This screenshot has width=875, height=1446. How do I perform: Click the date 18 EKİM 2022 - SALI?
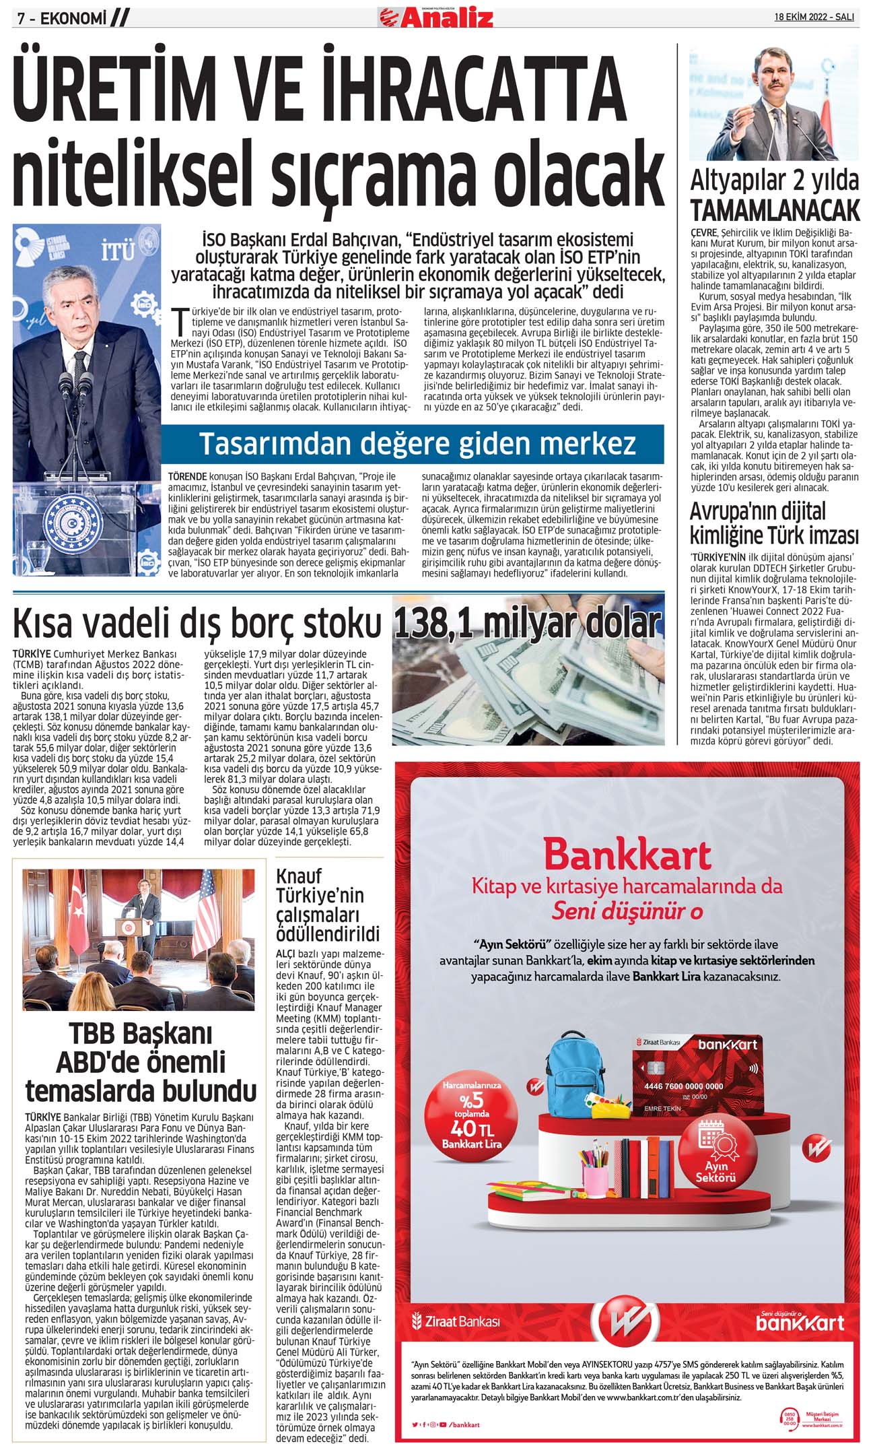(x=814, y=17)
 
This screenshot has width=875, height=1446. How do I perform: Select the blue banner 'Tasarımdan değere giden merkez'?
(x=417, y=444)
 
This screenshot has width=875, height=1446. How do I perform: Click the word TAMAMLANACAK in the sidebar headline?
(x=775, y=211)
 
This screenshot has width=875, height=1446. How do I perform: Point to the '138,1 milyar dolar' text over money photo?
(x=527, y=623)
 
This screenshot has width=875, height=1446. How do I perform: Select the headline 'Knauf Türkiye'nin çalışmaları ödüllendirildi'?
(x=328, y=905)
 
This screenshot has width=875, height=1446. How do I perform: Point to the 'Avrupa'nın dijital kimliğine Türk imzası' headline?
(x=774, y=523)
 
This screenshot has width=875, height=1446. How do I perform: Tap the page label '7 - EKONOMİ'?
(x=62, y=19)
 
